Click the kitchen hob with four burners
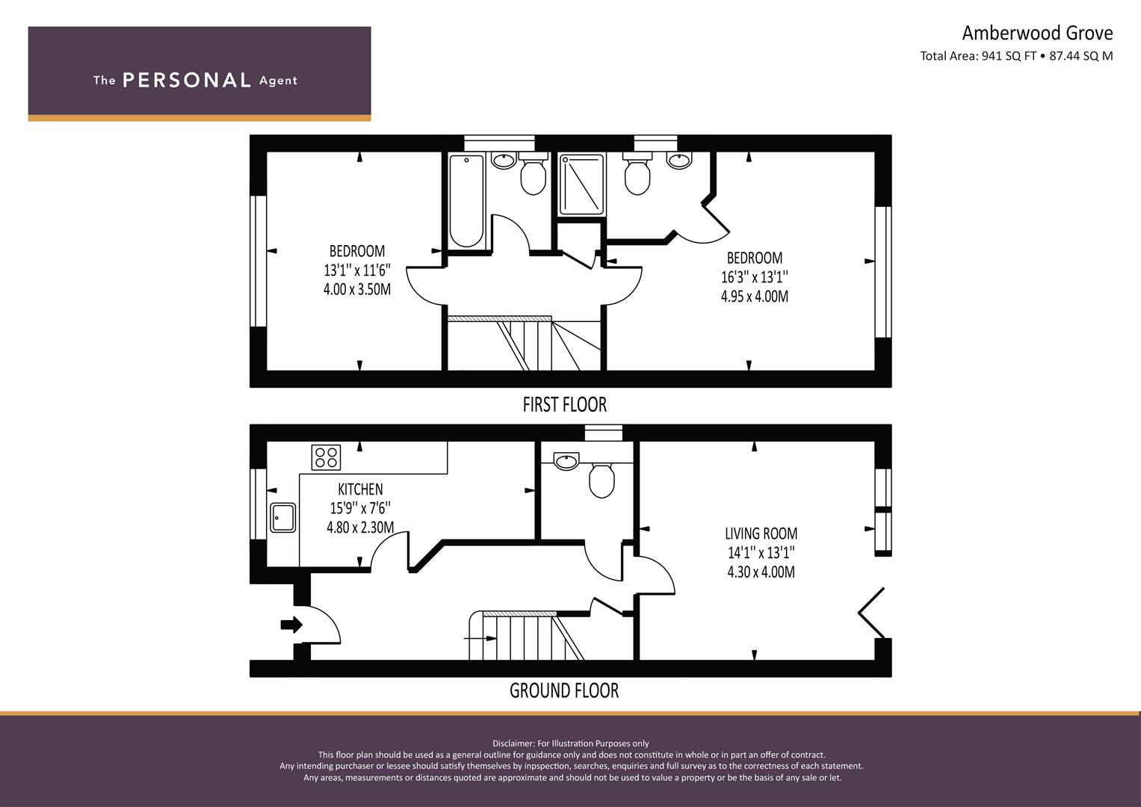click(x=326, y=457)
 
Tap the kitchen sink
click(x=283, y=518)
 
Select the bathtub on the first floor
click(x=466, y=201)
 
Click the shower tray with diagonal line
click(x=581, y=185)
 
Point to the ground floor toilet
click(x=602, y=480)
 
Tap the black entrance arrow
click(x=291, y=625)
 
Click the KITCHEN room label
click(x=360, y=489)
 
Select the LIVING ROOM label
click(x=761, y=534)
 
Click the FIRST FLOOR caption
click(x=564, y=405)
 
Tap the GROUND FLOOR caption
click(x=564, y=691)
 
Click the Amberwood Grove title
click(x=1037, y=34)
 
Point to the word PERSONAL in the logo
click(x=187, y=81)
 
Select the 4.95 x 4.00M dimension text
click(x=755, y=297)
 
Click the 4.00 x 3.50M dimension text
click(x=357, y=289)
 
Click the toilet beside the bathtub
click(x=533, y=173)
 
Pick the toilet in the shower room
click(x=637, y=173)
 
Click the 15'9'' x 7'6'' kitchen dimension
click(x=360, y=508)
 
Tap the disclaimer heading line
click(x=571, y=743)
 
